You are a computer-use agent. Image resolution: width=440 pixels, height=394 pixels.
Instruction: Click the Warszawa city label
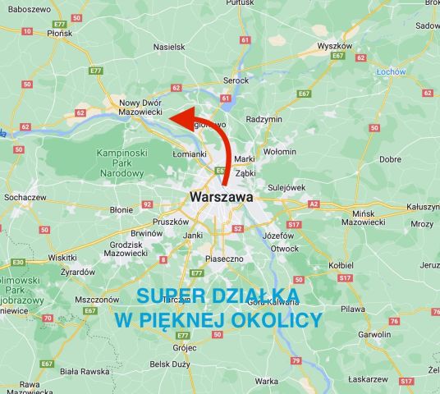pos(221,197)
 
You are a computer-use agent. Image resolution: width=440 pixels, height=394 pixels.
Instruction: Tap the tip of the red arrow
pos(171,118)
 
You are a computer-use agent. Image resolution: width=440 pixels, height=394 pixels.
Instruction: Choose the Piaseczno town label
pos(224,259)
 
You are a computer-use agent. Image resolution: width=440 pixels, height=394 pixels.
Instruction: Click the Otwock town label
pos(285,248)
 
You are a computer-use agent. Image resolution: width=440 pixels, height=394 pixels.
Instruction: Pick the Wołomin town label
pos(279,151)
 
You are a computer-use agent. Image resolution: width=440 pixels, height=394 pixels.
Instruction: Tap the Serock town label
pos(236,80)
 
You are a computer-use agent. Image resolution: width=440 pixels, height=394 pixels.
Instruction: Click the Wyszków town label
pos(334,46)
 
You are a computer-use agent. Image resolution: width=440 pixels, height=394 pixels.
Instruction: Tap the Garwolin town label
pos(374,335)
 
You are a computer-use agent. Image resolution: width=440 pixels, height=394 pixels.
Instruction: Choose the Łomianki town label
pos(190,153)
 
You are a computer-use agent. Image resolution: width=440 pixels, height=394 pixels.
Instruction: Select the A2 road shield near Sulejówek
pos(313,204)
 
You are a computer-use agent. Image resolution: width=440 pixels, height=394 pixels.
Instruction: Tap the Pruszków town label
pos(171,222)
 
